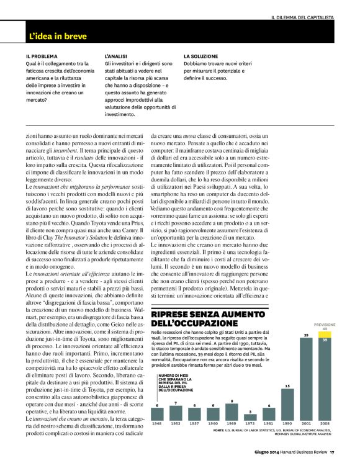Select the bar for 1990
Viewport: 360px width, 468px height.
[287, 404]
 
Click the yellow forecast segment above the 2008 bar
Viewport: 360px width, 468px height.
[325, 335]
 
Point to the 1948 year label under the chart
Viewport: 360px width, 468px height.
[157, 424]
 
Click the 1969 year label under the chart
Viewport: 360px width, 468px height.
[231, 424]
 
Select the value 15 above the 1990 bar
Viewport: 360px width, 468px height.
[287, 386]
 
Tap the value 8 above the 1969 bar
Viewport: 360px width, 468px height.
[231, 401]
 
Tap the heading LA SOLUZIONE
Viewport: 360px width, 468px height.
[200, 56]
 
